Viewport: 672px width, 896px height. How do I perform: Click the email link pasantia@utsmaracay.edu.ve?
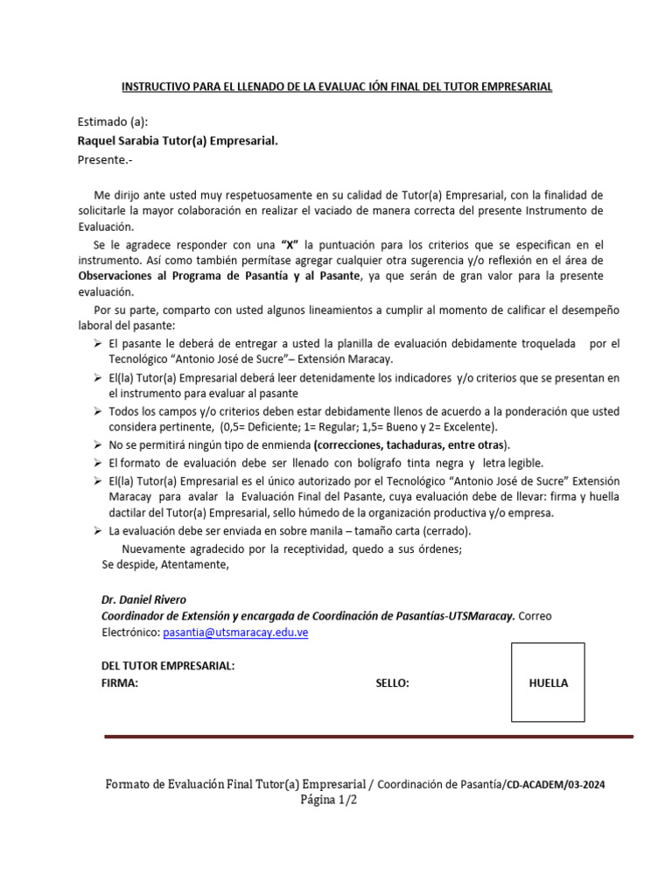tap(235, 633)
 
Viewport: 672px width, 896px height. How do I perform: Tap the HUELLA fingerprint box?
tap(548, 682)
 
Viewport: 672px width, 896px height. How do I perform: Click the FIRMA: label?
tap(120, 683)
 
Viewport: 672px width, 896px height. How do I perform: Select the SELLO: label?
tap(392, 683)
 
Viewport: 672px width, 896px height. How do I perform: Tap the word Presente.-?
tap(107, 159)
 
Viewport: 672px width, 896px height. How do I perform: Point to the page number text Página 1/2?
tap(329, 800)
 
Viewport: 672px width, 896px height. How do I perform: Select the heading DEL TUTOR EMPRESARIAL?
tap(168, 667)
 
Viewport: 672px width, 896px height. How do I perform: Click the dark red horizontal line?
tap(367, 737)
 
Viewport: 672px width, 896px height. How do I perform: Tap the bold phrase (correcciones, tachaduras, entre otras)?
tap(412, 445)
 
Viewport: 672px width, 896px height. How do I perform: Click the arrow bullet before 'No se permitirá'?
tap(98, 445)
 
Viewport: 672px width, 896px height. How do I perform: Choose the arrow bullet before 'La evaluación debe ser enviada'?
tap(98, 531)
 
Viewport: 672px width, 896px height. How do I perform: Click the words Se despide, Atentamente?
tap(165, 564)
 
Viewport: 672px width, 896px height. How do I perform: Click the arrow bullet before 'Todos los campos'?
tap(98, 411)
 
